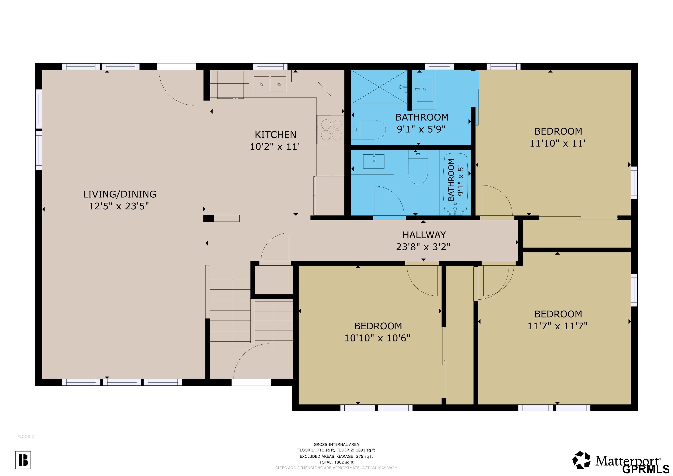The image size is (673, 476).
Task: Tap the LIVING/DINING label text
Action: [120, 194]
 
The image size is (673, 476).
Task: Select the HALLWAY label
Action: [424, 235]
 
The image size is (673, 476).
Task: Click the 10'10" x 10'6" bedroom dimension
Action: [377, 338]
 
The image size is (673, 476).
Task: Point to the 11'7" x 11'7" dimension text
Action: [558, 326]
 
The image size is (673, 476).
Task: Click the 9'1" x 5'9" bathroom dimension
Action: [421, 129]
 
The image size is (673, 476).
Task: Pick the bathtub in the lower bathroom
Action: [456, 184]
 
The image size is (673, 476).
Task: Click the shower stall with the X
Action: [379, 87]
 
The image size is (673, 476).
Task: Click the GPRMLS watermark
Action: [647, 469]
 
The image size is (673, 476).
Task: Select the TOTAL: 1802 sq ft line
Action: [336, 462]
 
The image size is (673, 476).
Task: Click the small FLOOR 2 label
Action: [26, 436]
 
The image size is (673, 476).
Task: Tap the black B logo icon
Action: [23, 460]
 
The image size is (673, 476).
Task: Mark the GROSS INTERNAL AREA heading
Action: [336, 444]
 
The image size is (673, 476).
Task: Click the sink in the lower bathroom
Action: [374, 162]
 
